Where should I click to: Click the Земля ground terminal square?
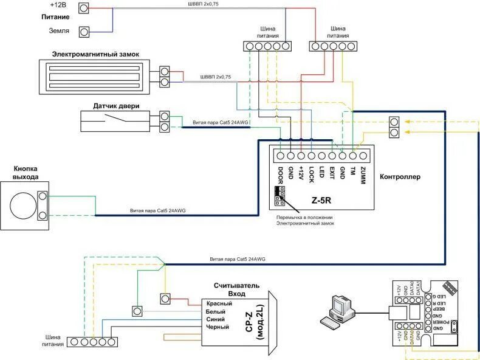(84, 30)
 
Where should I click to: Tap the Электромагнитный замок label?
(95, 54)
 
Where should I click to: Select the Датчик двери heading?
(116, 106)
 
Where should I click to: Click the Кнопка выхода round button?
(24, 206)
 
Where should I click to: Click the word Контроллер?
(400, 177)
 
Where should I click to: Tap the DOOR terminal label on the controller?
(280, 175)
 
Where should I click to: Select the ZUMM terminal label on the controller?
(362, 175)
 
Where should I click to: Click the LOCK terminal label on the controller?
(310, 175)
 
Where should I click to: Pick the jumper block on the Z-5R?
(279, 195)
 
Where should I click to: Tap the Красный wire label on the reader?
(219, 303)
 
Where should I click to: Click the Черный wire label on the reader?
(218, 327)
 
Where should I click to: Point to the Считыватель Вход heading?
(236, 289)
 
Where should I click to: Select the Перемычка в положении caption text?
(304, 217)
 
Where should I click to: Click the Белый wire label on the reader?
(216, 311)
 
